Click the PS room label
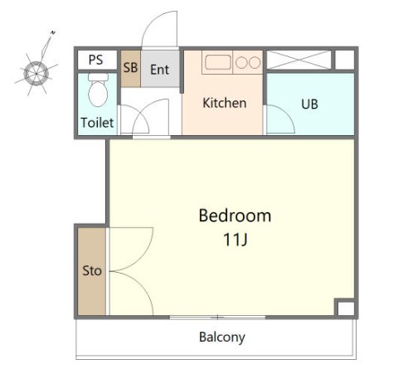click(x=95, y=60)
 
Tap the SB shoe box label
click(x=130, y=67)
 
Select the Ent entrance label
click(x=159, y=70)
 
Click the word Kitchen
click(x=225, y=103)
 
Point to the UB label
click(x=309, y=104)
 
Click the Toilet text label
click(x=97, y=123)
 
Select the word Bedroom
click(x=235, y=216)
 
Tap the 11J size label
click(x=235, y=240)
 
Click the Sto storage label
click(x=92, y=270)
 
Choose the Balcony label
click(x=222, y=337)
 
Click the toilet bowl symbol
click(x=98, y=94)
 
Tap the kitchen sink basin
click(x=218, y=62)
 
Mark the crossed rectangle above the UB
click(x=299, y=60)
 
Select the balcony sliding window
click(x=217, y=318)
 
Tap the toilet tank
click(x=98, y=77)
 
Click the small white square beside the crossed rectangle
click(x=345, y=60)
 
